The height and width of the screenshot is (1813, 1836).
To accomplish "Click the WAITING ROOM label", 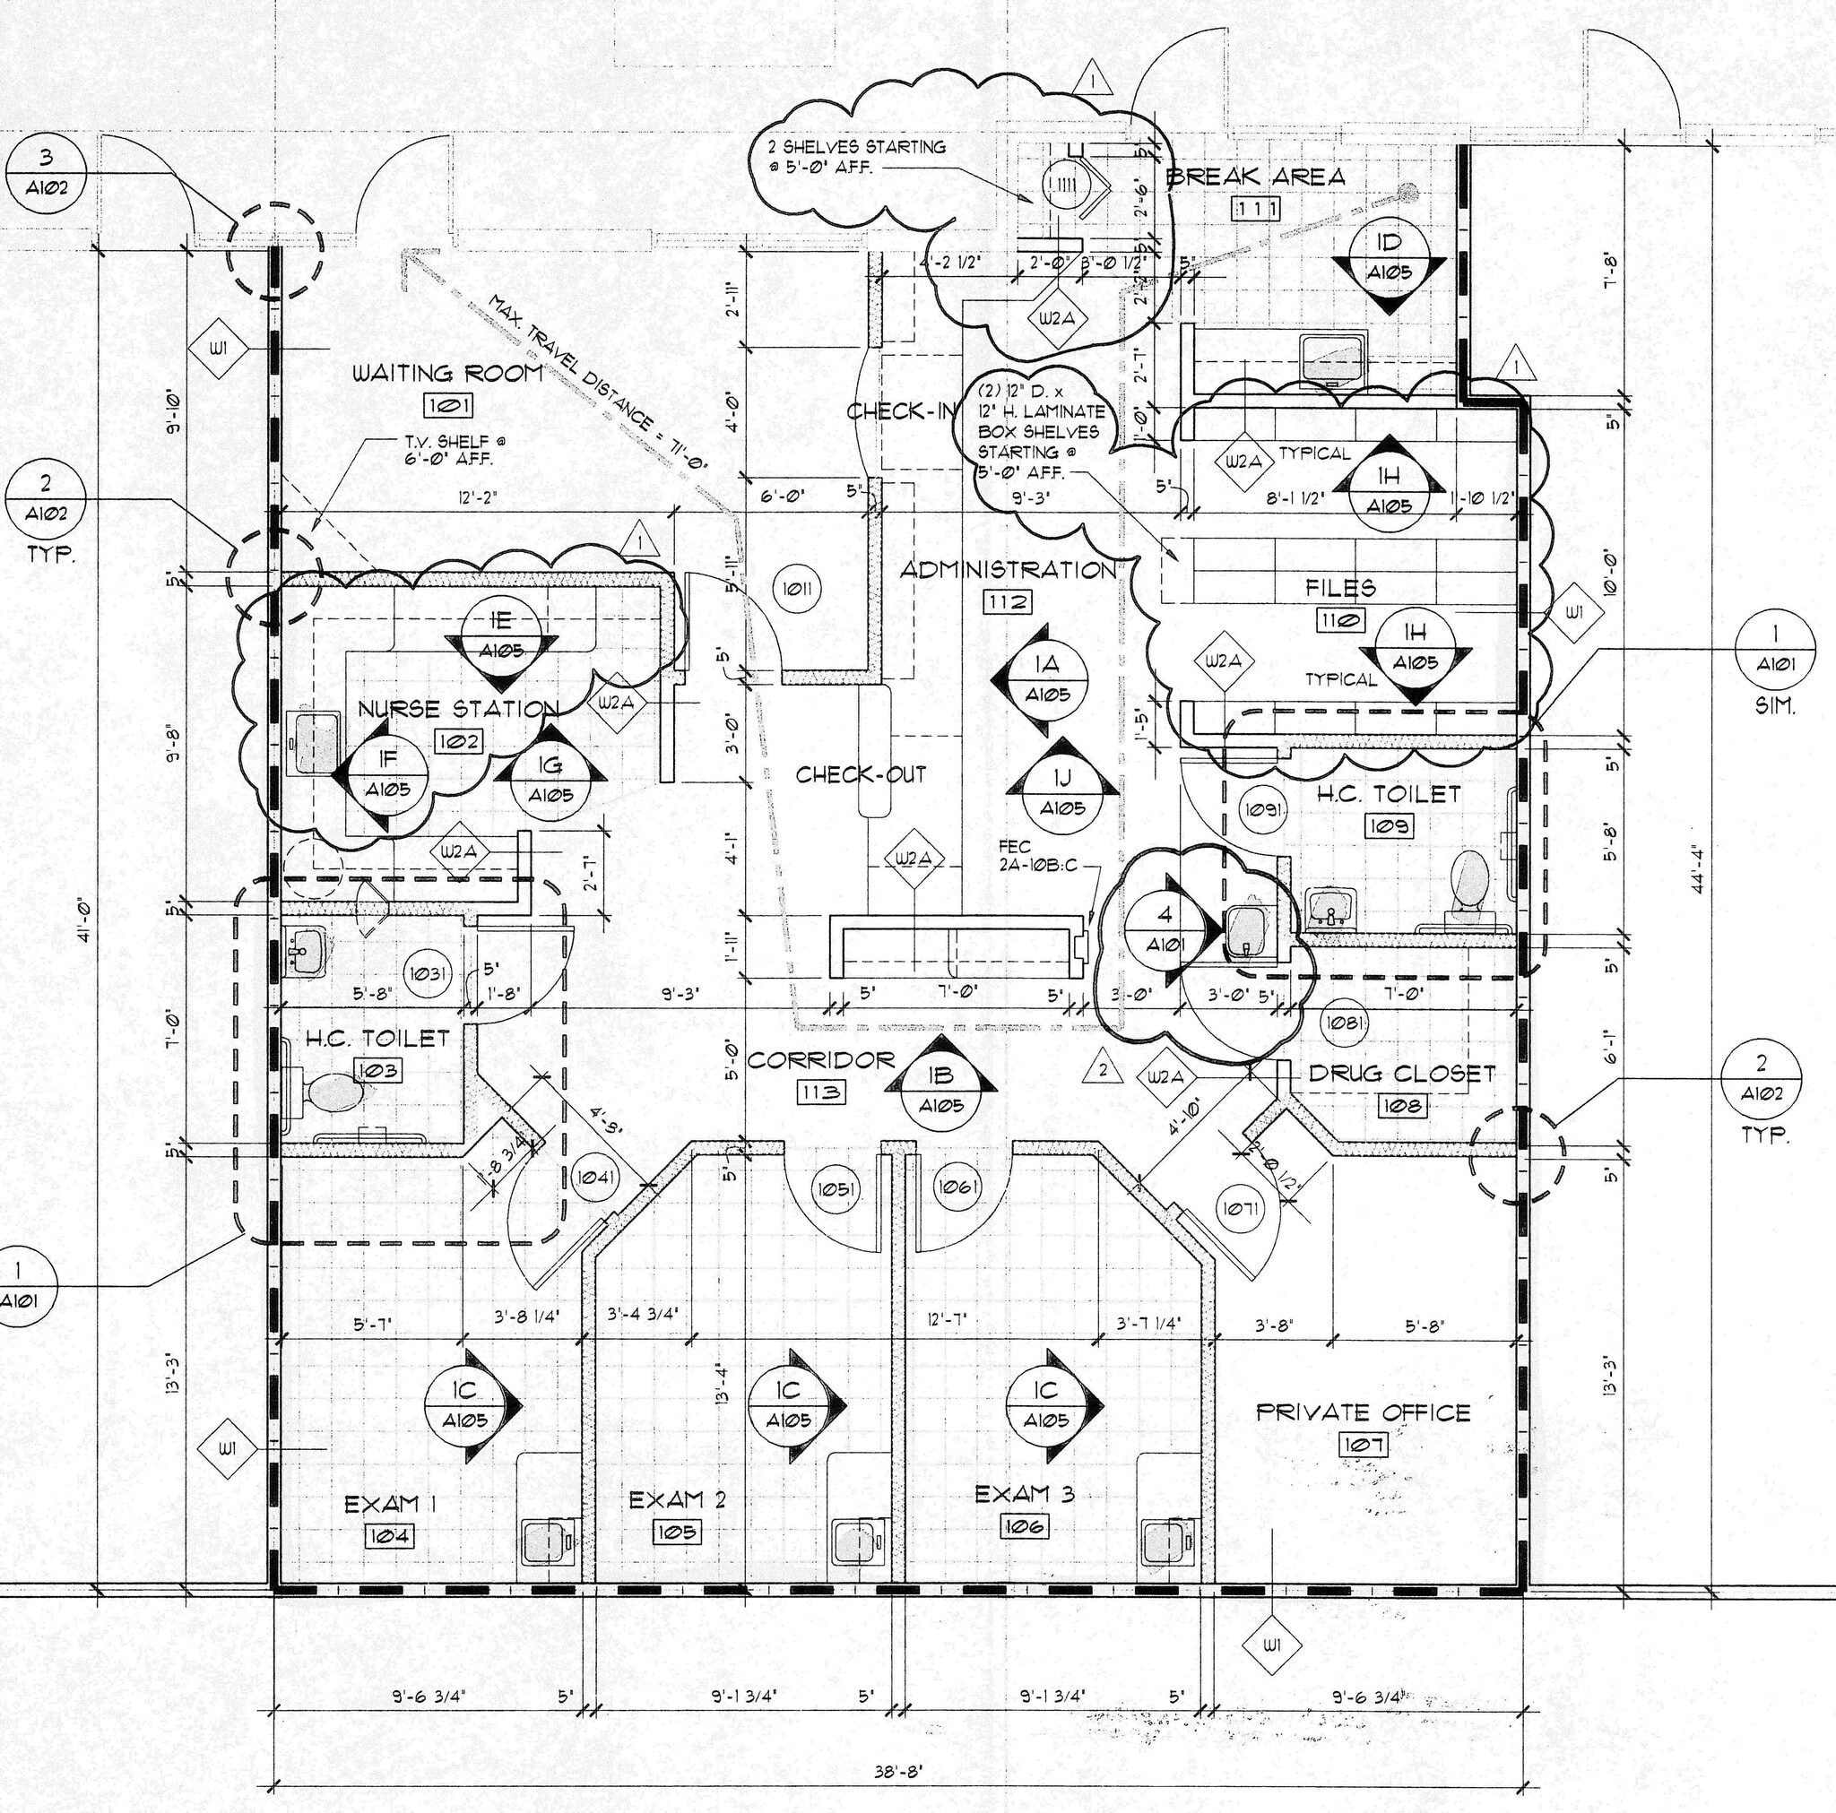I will click(x=447, y=374).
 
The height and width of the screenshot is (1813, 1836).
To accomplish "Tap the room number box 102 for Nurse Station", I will click(x=458, y=740).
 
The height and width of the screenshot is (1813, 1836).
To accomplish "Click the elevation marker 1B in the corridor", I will click(x=940, y=1089).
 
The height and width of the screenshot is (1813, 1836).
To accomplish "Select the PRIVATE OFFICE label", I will click(x=1363, y=1412).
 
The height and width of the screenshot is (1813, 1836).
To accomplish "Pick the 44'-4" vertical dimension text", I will click(x=1710, y=870).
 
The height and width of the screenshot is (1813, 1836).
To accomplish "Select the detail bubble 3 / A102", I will click(x=46, y=172).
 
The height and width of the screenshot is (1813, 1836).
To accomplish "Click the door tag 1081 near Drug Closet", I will click(x=1345, y=1023).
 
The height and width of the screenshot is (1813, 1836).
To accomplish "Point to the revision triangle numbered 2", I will click(x=1103, y=1069).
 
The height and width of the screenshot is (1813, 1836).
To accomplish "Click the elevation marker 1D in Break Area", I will click(x=1389, y=257).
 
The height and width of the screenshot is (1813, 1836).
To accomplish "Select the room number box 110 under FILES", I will click(x=1340, y=621).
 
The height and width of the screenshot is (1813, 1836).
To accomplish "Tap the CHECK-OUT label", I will click(x=860, y=773).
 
